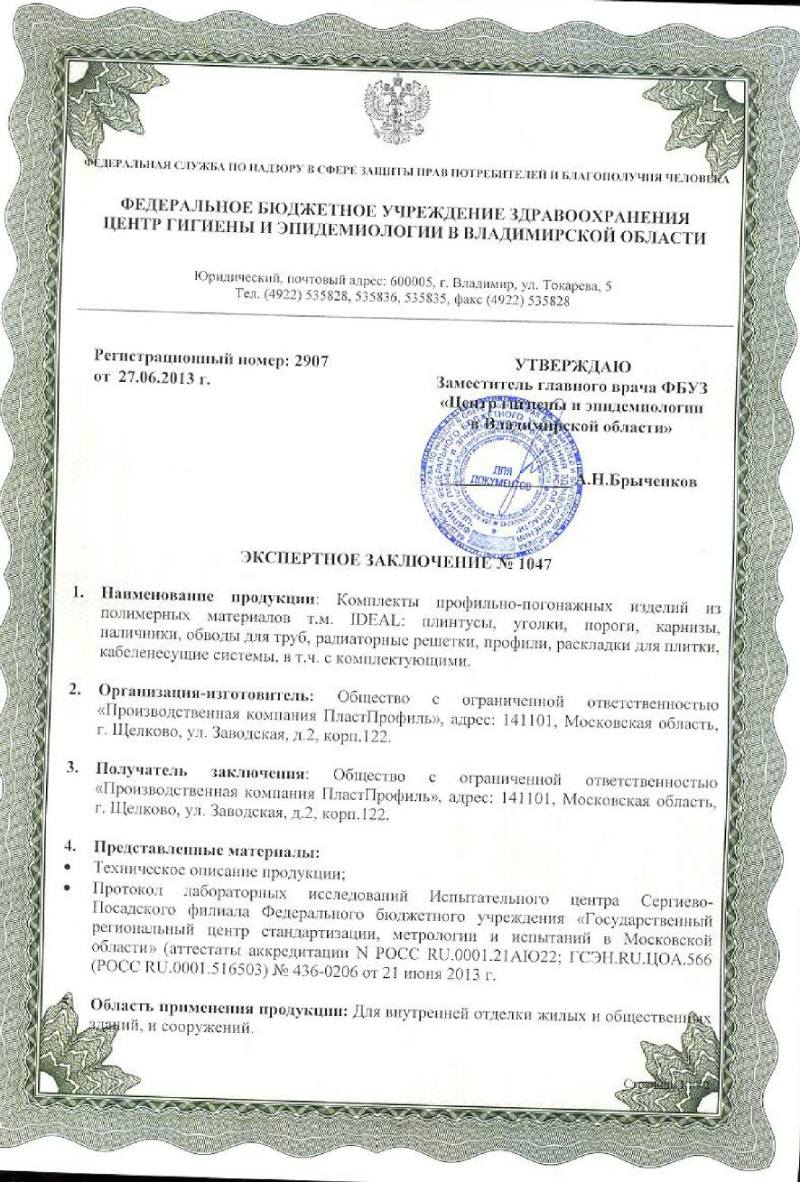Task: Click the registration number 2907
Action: pyautogui.click(x=311, y=358)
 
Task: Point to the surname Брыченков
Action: pyautogui.click(x=652, y=481)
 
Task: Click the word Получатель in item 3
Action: pyautogui.click(x=144, y=774)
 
